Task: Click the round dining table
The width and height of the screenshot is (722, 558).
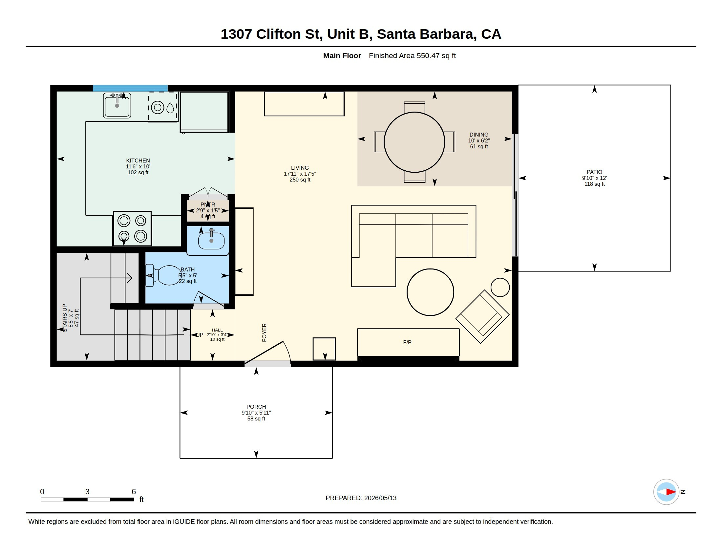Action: pyautogui.click(x=414, y=142)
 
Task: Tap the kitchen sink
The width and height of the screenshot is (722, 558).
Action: pyautogui.click(x=117, y=105)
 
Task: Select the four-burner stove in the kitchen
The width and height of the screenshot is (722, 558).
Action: pyautogui.click(x=132, y=228)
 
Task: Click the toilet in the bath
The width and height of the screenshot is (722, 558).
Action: pyautogui.click(x=163, y=275)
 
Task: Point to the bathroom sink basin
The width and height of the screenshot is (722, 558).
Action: pyautogui.click(x=211, y=241)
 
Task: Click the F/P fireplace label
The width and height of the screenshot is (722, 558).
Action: pyautogui.click(x=407, y=342)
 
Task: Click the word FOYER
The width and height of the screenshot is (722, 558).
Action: pyautogui.click(x=264, y=333)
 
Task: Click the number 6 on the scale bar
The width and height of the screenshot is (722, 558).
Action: pyautogui.click(x=134, y=492)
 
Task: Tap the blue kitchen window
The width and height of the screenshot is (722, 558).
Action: pyautogui.click(x=130, y=88)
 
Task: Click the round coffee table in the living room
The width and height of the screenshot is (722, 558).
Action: pyautogui.click(x=430, y=292)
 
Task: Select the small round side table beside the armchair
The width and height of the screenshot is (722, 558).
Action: pyautogui.click(x=500, y=287)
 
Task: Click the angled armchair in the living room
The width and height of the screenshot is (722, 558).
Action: pyautogui.click(x=482, y=317)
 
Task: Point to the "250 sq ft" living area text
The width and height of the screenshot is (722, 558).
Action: pyautogui.click(x=300, y=180)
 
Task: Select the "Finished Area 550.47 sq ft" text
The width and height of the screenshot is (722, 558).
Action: pyautogui.click(x=412, y=55)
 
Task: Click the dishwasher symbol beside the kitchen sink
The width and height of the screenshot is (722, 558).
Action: pyautogui.click(x=163, y=107)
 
